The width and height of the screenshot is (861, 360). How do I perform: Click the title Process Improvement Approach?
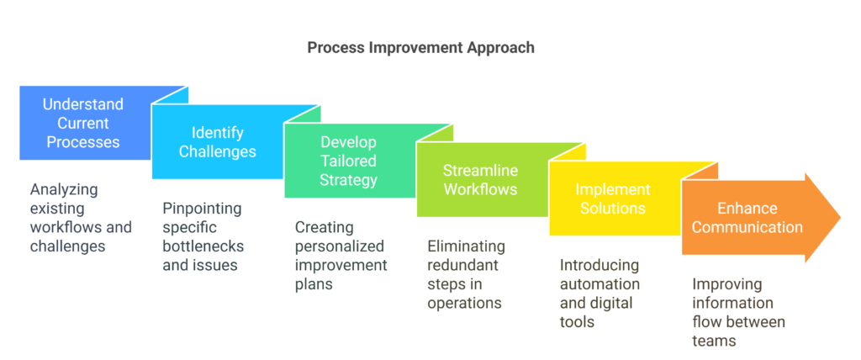420,47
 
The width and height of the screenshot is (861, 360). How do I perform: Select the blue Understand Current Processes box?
86,123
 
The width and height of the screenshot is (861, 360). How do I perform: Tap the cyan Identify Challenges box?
218,142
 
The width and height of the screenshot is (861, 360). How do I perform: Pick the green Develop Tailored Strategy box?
350,161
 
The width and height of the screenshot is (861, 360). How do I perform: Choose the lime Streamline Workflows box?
482,179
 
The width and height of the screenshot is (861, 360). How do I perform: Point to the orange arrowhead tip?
841,218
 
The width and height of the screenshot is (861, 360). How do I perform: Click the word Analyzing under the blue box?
64,189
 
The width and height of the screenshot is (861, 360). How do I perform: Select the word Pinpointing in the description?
202,209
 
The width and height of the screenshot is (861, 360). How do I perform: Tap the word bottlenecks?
203,246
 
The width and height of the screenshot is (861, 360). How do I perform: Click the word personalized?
340,246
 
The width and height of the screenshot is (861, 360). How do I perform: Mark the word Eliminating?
466,246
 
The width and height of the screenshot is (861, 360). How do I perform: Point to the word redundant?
463,265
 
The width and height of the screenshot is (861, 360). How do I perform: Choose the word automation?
600,283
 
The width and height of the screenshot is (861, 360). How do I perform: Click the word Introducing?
599,265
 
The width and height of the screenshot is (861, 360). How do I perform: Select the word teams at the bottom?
713,340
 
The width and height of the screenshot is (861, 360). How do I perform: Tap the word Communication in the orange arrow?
747,226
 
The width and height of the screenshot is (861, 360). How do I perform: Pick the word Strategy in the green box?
350,180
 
